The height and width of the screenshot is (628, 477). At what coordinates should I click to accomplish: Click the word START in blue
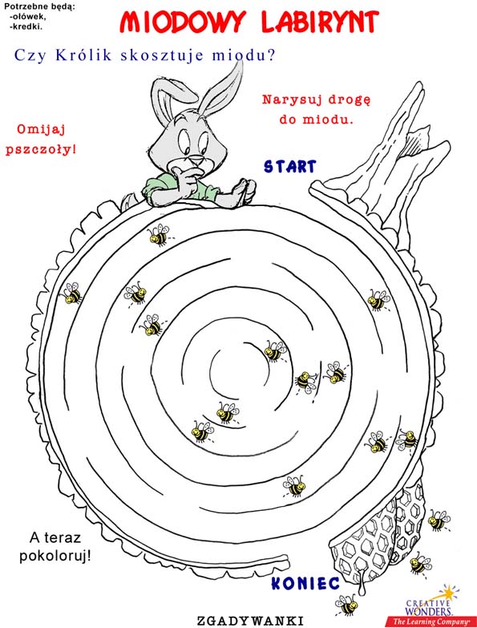tap(289, 166)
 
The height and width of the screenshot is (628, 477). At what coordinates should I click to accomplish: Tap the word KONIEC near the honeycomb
tap(305, 583)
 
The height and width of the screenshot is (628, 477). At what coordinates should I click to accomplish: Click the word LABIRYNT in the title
tap(320, 22)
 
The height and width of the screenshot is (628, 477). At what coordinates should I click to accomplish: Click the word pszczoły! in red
tap(40, 150)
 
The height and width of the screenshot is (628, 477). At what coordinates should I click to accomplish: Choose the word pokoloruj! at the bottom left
tap(55, 557)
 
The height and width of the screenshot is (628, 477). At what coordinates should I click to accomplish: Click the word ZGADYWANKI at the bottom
tap(249, 621)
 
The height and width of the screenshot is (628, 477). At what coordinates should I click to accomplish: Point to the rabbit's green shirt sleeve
tap(157, 188)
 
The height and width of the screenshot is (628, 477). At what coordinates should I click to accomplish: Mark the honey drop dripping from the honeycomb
tap(362, 585)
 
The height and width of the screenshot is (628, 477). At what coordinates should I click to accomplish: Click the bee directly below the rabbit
tap(159, 236)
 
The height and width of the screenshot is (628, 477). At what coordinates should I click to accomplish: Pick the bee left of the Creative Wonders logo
tap(346, 604)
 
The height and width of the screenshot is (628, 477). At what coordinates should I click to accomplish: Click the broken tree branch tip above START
tap(418, 85)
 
